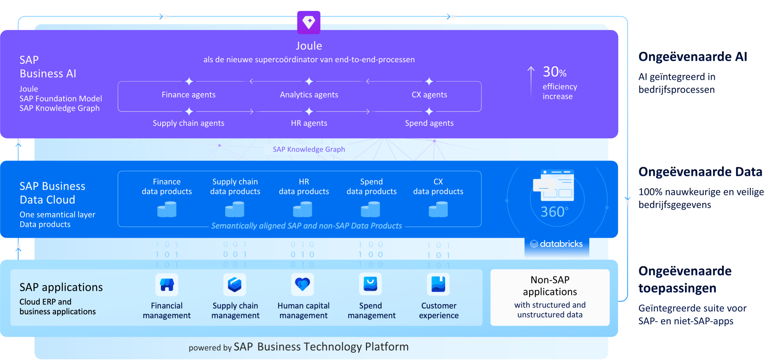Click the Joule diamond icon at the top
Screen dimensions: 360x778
pyautogui.click(x=309, y=22)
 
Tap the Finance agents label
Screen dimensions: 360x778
pyautogui.click(x=189, y=95)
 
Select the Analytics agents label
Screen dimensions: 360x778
pyautogui.click(x=309, y=95)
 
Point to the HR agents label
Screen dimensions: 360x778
pyautogui.click(x=309, y=123)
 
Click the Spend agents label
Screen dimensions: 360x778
pyautogui.click(x=429, y=123)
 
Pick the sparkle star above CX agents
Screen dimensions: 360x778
pyautogui.click(x=429, y=81)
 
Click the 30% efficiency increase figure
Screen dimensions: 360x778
pyautogui.click(x=554, y=72)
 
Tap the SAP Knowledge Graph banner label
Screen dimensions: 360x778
pyautogui.click(x=309, y=149)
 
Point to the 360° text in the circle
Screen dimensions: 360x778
pyautogui.click(x=554, y=212)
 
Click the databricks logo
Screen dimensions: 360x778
pyautogui.click(x=557, y=244)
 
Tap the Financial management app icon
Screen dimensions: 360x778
pyautogui.click(x=167, y=284)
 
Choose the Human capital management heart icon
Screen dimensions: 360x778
pyautogui.click(x=303, y=284)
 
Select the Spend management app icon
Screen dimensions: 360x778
pyautogui.click(x=370, y=284)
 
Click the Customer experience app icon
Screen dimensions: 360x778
pyautogui.click(x=438, y=284)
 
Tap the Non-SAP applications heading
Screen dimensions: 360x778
pyautogui.click(x=550, y=286)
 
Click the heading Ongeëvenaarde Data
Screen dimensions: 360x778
pyautogui.click(x=700, y=172)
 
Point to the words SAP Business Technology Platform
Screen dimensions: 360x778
pyautogui.click(x=321, y=347)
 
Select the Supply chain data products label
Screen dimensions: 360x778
pyautogui.click(x=235, y=186)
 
